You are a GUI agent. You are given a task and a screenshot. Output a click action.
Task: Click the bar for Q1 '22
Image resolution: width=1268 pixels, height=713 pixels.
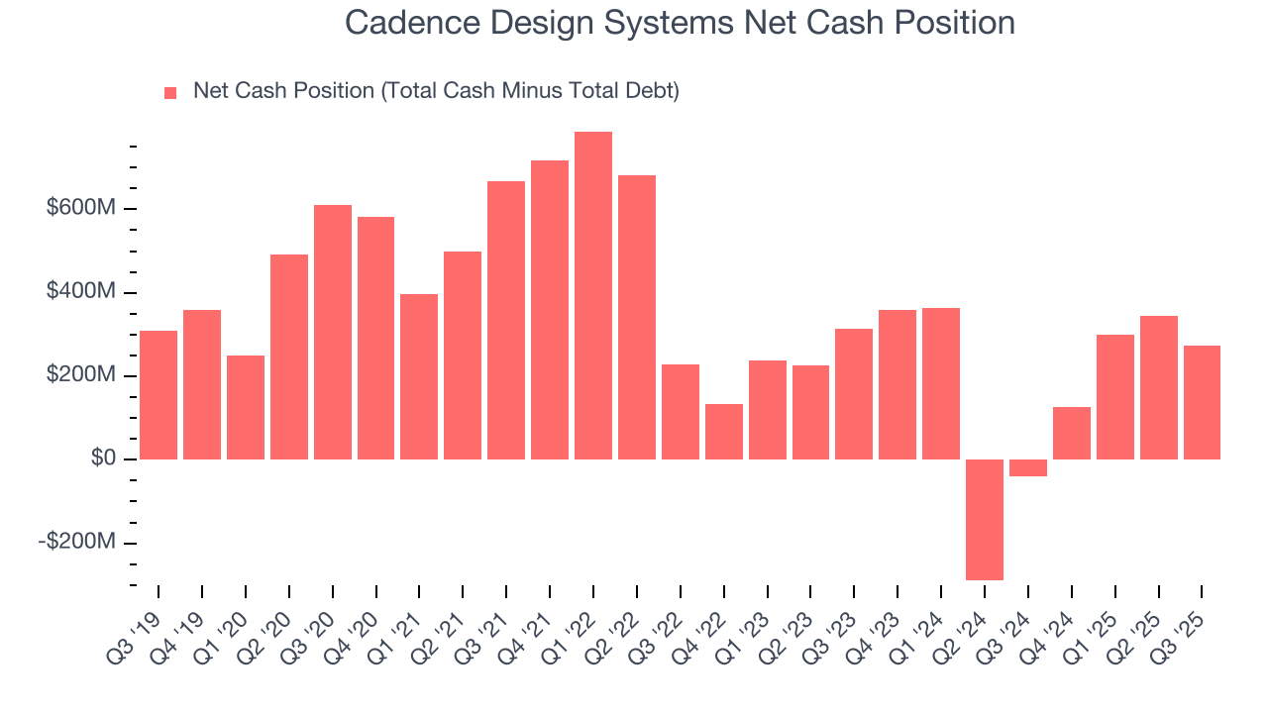tap(593, 295)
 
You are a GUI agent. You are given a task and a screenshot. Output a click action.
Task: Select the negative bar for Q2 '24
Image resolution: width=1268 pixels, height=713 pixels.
tap(985, 519)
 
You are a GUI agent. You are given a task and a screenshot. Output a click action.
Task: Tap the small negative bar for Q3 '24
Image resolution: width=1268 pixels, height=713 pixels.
tap(1028, 467)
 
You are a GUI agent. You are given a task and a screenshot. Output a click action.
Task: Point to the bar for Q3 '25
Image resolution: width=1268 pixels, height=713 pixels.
tap(1202, 402)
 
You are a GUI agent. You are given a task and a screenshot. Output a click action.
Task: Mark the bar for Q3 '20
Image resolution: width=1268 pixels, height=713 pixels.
tap(333, 332)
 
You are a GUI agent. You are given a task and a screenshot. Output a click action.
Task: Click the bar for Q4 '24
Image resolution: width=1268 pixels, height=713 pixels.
tap(1072, 433)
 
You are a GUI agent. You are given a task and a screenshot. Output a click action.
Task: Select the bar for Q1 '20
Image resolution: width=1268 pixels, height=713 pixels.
tap(246, 407)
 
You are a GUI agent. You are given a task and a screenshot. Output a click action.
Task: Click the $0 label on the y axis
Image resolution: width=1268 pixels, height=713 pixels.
tap(102, 459)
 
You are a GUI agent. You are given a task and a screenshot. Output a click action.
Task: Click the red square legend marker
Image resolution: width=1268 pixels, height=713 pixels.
tap(170, 92)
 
